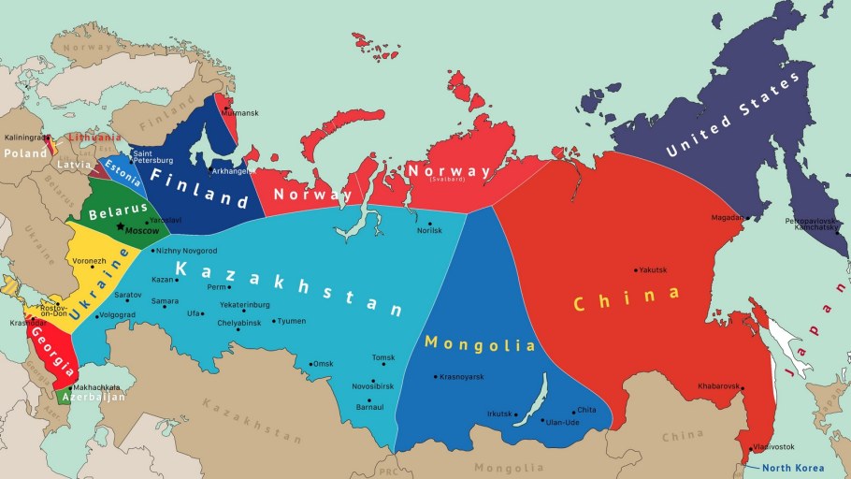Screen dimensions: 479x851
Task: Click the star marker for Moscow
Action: (x=120, y=227)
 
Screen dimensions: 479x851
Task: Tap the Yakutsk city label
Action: (x=654, y=270)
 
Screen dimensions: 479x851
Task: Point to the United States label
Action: (x=736, y=115)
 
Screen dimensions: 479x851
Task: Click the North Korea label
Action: (x=793, y=468)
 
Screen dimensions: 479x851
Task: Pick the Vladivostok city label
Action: (x=775, y=447)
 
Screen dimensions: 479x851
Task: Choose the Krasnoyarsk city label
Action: (x=464, y=376)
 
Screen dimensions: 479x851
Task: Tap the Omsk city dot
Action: (x=311, y=363)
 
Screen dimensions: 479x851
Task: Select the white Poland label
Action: (x=25, y=152)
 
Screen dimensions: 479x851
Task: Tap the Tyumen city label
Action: (x=292, y=321)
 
